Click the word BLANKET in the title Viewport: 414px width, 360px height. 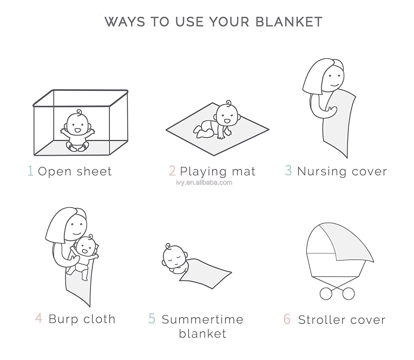tap(289, 22)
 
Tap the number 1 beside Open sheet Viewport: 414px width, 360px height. tap(31, 171)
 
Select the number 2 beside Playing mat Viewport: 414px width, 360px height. tap(172, 171)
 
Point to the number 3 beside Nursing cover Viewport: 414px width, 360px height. tap(288, 170)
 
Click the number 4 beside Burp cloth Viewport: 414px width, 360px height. tap(38, 318)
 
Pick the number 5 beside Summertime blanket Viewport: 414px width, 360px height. tap(152, 318)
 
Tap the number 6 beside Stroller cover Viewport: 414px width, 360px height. tap(287, 319)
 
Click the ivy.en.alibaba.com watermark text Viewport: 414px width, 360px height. tap(204, 183)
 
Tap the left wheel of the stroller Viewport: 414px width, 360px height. tap(326, 294)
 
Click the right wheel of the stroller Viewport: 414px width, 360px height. tap(349, 294)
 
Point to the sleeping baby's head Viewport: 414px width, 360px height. tap(174, 257)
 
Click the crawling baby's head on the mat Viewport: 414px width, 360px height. tap(227, 115)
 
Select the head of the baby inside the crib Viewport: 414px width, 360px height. tap(77, 123)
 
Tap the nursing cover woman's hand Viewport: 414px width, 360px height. tap(332, 111)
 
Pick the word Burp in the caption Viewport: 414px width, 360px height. tap(63, 319)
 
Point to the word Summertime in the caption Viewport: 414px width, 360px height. tap(202, 319)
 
